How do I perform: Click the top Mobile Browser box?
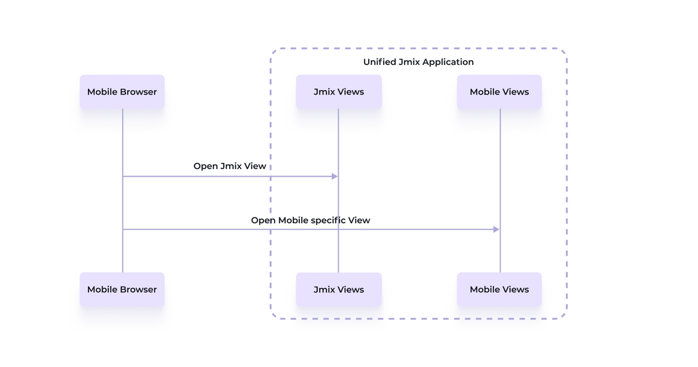(x=122, y=92)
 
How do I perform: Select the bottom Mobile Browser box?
(x=122, y=290)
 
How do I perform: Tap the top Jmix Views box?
(x=339, y=92)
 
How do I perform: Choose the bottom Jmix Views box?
(x=339, y=290)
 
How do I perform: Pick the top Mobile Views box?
(x=499, y=92)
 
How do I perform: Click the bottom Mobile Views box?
(x=499, y=290)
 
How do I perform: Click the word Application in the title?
(x=448, y=62)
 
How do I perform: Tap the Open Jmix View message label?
(x=230, y=166)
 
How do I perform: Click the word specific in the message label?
(x=327, y=220)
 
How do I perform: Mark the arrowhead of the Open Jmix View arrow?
(x=335, y=177)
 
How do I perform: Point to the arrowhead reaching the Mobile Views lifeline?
(x=496, y=230)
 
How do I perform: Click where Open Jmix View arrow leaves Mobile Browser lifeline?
(x=123, y=177)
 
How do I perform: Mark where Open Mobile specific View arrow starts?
(x=123, y=230)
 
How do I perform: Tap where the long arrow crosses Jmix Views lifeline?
(x=339, y=230)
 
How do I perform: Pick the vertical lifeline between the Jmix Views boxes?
(x=339, y=136)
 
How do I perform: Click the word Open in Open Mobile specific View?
(x=262, y=220)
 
